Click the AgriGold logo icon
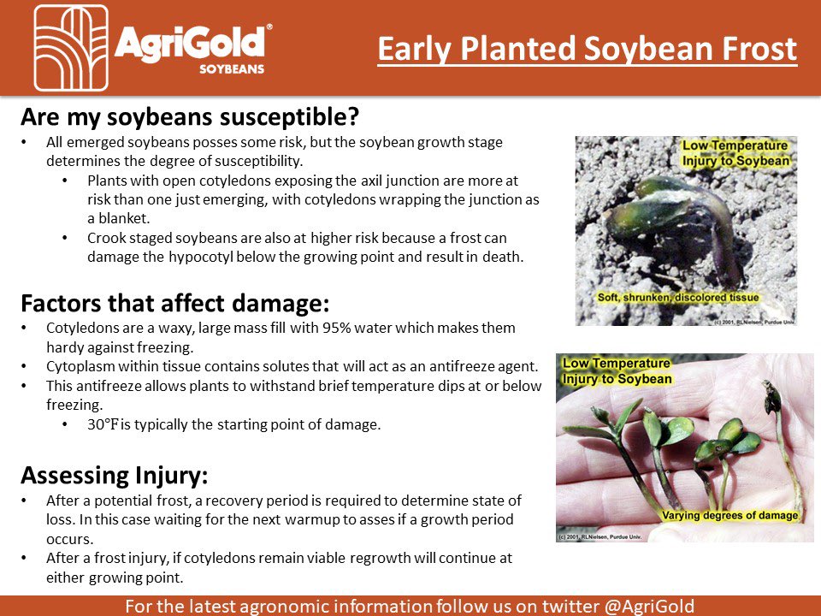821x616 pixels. coord(71,48)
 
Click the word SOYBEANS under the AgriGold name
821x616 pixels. coord(232,68)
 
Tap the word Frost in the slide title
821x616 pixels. coord(759,49)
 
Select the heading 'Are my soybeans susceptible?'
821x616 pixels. coord(183,115)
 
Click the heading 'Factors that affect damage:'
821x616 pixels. coord(174,305)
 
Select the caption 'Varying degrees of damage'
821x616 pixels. coord(729,515)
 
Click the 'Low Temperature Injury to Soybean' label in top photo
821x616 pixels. coord(735,153)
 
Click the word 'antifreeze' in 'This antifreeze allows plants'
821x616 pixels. coord(105,386)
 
